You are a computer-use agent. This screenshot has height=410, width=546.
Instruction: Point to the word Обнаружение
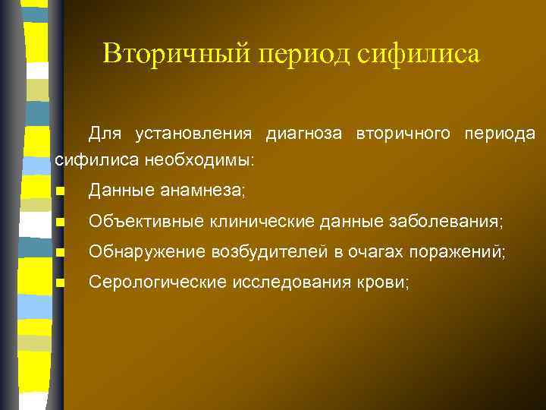140,252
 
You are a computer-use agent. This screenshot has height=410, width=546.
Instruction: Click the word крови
386,282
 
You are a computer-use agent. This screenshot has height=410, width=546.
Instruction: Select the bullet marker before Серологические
61,283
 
